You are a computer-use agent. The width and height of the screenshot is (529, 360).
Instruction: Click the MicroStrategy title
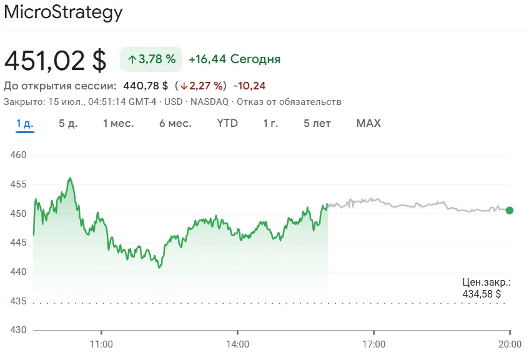(x=63, y=13)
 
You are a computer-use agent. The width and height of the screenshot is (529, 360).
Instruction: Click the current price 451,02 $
(x=55, y=60)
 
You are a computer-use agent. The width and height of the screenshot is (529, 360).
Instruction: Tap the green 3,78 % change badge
(x=151, y=59)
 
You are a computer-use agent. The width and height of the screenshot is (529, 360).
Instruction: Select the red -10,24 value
(x=250, y=86)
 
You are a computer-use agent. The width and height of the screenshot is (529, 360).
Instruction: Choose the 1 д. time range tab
(x=25, y=123)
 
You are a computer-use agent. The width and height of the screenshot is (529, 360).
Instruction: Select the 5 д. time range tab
(x=68, y=123)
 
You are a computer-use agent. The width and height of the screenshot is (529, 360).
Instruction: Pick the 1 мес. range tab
(x=118, y=123)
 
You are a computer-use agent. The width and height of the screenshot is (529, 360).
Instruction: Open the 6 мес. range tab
(x=175, y=123)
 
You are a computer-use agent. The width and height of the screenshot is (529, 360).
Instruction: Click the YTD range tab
(x=227, y=123)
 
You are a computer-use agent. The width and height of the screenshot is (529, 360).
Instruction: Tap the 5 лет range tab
(x=317, y=123)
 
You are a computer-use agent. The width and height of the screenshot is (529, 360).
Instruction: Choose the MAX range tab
(x=368, y=123)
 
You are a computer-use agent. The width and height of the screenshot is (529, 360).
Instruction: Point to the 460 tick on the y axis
(x=19, y=155)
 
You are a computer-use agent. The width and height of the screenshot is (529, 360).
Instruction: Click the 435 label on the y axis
(x=19, y=301)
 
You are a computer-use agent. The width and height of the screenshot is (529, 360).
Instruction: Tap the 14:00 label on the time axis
(x=237, y=344)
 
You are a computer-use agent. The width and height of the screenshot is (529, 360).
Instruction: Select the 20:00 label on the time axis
(x=510, y=344)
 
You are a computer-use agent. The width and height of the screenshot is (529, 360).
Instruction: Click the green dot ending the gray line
(x=510, y=211)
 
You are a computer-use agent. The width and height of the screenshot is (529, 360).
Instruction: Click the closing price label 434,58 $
(x=482, y=293)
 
